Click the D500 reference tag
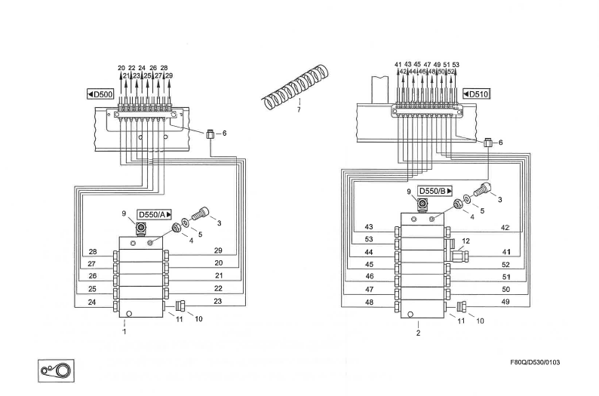[100, 94]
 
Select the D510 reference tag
[476, 94]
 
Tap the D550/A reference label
[149, 215]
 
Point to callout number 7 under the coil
[299, 110]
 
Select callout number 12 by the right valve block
[466, 241]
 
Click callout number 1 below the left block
[124, 330]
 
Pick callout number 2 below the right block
[418, 333]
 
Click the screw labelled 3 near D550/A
[200, 214]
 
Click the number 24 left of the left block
[92, 302]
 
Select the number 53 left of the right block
[369, 239]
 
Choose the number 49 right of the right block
[505, 302]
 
